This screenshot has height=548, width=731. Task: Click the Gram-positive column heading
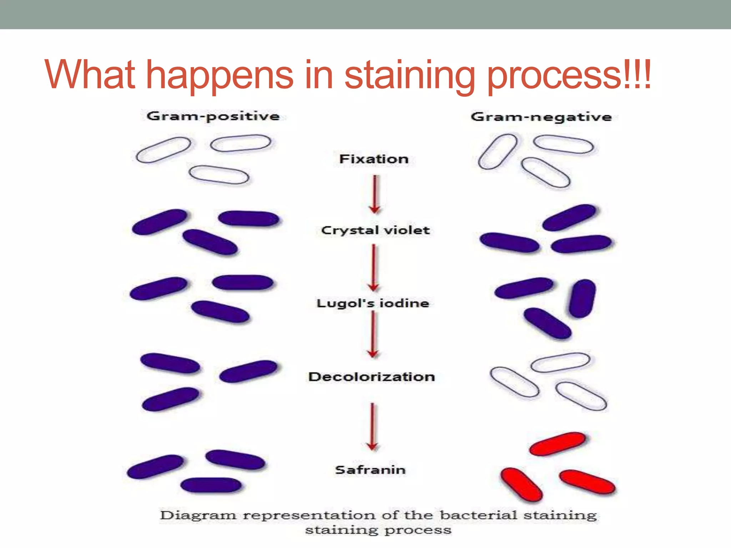coord(213,117)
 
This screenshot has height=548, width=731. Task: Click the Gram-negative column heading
coord(541,117)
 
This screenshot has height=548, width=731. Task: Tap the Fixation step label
coord(374,159)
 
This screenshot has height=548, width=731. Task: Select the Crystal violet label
coord(375,230)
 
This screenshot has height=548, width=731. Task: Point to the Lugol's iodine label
coord(373,304)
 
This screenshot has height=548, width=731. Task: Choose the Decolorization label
coord(372,377)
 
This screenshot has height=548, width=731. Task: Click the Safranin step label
coord(370,470)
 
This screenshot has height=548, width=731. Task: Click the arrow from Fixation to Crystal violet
coord(374,194)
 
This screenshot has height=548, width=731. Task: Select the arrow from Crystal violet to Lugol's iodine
coord(374,268)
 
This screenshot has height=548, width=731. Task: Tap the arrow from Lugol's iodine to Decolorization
coord(373,334)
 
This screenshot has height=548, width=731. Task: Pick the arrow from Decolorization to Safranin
coord(372,427)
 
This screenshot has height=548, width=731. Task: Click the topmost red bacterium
coord(557,444)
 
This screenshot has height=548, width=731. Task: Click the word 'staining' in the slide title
coord(409,75)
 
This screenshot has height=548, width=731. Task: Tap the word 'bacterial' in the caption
coord(478,516)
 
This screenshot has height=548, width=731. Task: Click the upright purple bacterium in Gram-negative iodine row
coord(582,299)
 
